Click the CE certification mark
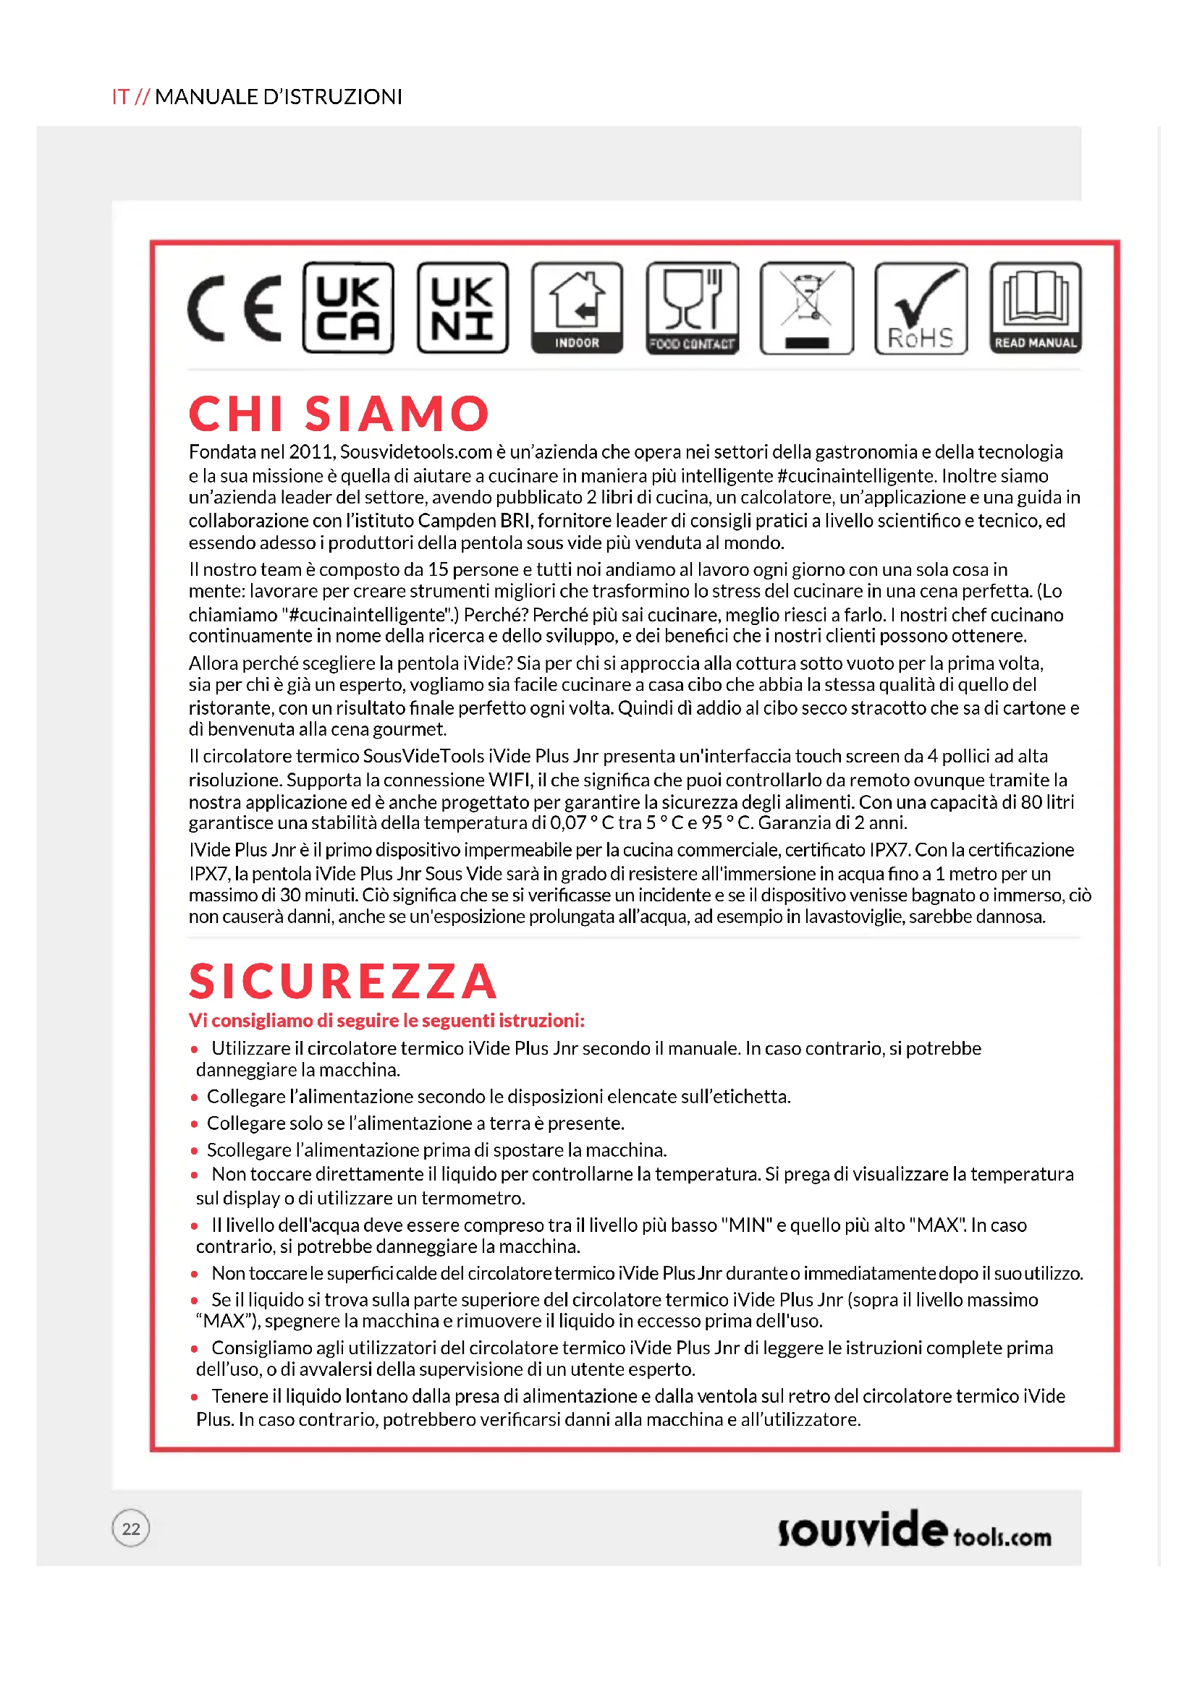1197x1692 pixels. (234, 308)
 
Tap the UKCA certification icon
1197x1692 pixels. (348, 308)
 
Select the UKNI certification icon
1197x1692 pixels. (462, 308)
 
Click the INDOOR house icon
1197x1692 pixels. (577, 308)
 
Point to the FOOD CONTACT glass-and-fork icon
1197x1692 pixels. (692, 308)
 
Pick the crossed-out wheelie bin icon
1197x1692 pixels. (806, 308)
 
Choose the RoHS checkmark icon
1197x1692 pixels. (921, 308)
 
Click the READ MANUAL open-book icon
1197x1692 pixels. (1036, 308)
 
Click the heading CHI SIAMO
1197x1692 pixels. (339, 414)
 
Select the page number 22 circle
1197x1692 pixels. (131, 1529)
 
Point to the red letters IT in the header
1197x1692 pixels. (121, 96)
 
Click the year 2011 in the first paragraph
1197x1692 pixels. (310, 451)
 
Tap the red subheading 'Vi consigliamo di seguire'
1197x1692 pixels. (386, 1021)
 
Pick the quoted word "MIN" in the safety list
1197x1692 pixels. (746, 1225)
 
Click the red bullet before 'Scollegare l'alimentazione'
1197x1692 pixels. (195, 1150)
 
